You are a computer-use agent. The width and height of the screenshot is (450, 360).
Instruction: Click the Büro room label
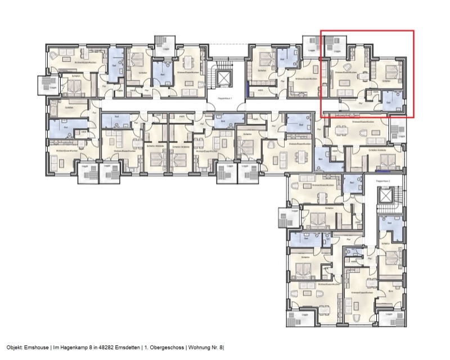[390, 291]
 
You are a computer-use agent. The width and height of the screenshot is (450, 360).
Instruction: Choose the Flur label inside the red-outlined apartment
[360, 103]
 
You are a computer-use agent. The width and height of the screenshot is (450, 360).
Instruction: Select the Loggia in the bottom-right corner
[388, 318]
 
